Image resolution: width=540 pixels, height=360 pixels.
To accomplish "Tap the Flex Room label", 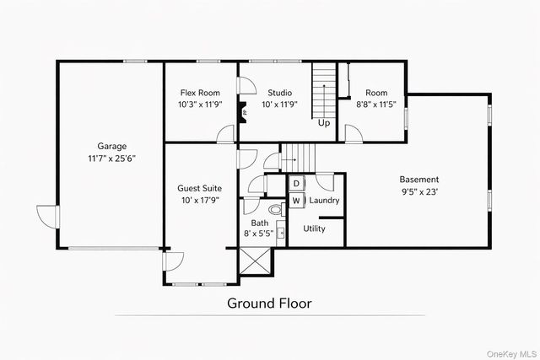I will point(198,93).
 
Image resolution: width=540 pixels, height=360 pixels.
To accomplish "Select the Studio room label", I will point(279,93).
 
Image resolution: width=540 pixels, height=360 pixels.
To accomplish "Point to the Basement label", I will point(418,180).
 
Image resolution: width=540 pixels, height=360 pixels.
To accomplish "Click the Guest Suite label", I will point(199,188).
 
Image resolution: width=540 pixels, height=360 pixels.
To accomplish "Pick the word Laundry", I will point(324,201).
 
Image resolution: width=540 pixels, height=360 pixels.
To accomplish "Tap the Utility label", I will point(314,228).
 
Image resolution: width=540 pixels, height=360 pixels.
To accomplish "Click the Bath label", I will point(260,223).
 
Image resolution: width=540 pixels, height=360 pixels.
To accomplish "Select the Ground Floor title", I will point(269,303).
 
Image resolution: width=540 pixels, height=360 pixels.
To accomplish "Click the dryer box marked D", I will point(296,183).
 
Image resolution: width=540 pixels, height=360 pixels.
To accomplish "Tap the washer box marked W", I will point(296,201).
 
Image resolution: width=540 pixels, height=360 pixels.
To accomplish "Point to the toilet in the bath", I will point(275,209).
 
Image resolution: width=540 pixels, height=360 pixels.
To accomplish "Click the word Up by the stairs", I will point(324,122).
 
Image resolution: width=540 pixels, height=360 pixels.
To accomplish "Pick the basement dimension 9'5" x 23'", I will point(418,192).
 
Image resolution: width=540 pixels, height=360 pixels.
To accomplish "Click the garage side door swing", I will point(46,215).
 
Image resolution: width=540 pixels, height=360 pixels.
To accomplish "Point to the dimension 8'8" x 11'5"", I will point(375,105).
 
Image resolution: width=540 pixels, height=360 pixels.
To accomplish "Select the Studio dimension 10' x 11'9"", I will point(279,105).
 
